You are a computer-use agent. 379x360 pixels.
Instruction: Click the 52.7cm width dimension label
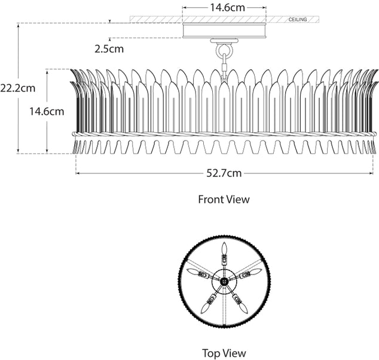(224, 173)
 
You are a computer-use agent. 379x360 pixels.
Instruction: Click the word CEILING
(297, 20)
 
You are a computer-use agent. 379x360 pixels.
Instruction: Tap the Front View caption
(224, 199)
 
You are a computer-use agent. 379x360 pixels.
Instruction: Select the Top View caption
(224, 353)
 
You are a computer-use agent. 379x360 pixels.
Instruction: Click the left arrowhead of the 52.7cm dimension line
(78, 173)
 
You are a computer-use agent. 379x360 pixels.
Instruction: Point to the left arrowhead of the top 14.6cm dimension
(185, 8)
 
